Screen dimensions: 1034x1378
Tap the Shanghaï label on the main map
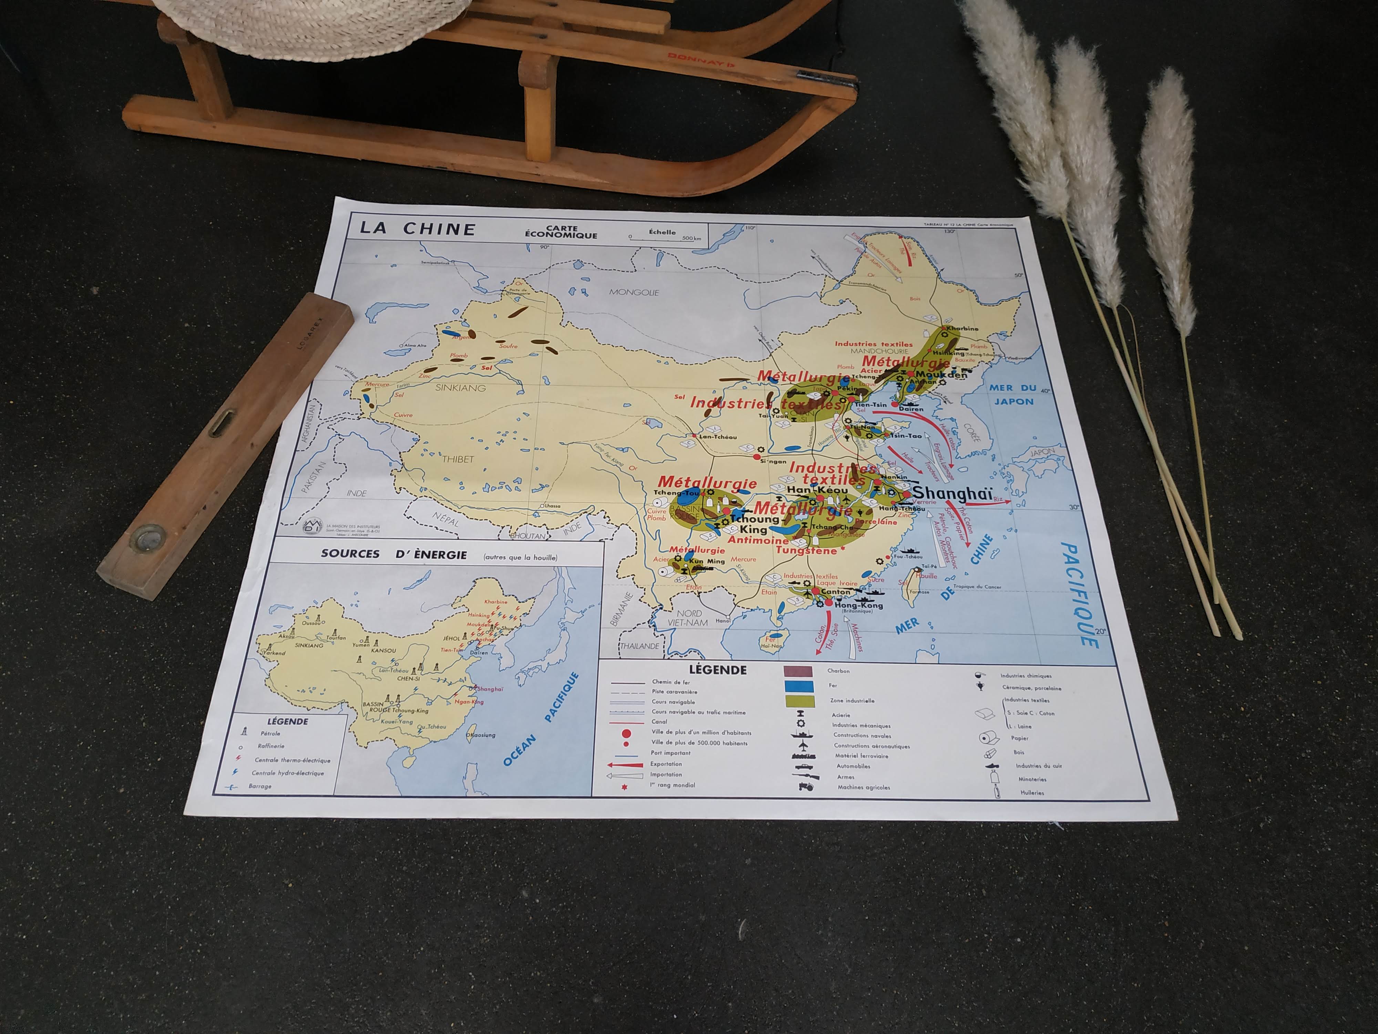[952, 494]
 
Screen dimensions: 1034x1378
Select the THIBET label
[458, 459]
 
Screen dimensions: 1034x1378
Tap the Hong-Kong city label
[858, 605]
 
